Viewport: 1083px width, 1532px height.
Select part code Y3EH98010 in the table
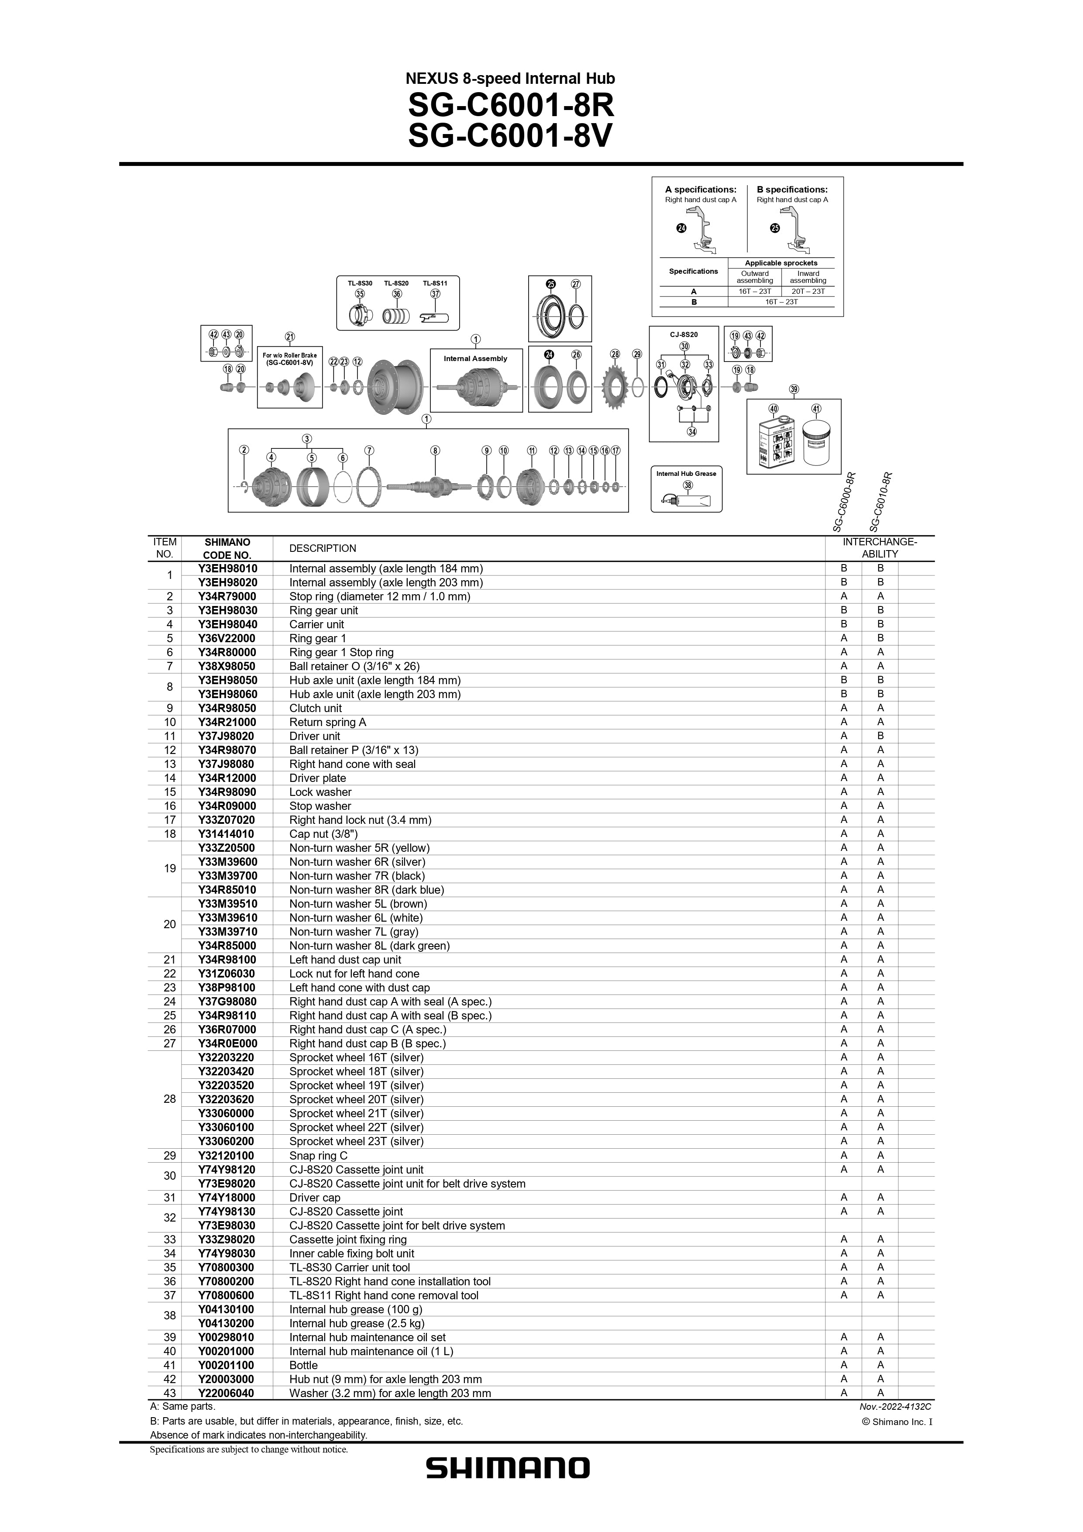coord(227,568)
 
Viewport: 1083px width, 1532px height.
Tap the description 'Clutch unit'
coord(316,708)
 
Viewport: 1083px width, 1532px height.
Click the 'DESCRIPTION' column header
coord(323,548)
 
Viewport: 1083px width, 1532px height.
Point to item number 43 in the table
coord(169,1393)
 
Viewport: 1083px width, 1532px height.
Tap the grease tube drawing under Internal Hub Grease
coord(685,500)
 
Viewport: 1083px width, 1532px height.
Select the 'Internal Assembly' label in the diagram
coord(475,359)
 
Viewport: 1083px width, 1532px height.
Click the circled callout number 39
coord(794,389)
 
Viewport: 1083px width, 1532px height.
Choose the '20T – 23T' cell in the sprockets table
coord(808,291)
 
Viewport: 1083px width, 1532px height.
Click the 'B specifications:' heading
coord(792,189)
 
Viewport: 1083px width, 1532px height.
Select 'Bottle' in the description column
coord(304,1364)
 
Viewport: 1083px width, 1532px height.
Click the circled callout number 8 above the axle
coord(435,451)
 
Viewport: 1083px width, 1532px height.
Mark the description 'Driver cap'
coord(315,1197)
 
